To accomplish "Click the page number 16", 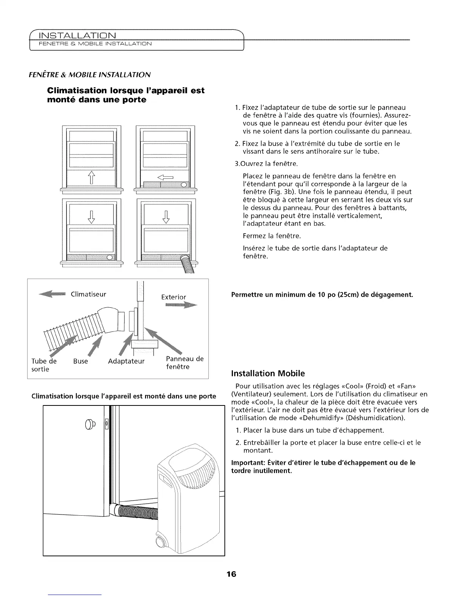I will (x=231, y=574).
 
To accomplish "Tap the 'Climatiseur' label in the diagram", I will (x=88, y=294).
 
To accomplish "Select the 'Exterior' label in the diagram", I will (x=173, y=297).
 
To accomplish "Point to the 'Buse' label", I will (x=80, y=361).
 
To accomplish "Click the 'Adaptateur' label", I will (x=126, y=362).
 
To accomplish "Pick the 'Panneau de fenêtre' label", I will (x=185, y=363).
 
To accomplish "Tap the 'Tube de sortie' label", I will (x=44, y=365).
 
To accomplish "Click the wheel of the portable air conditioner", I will (x=162, y=544).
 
